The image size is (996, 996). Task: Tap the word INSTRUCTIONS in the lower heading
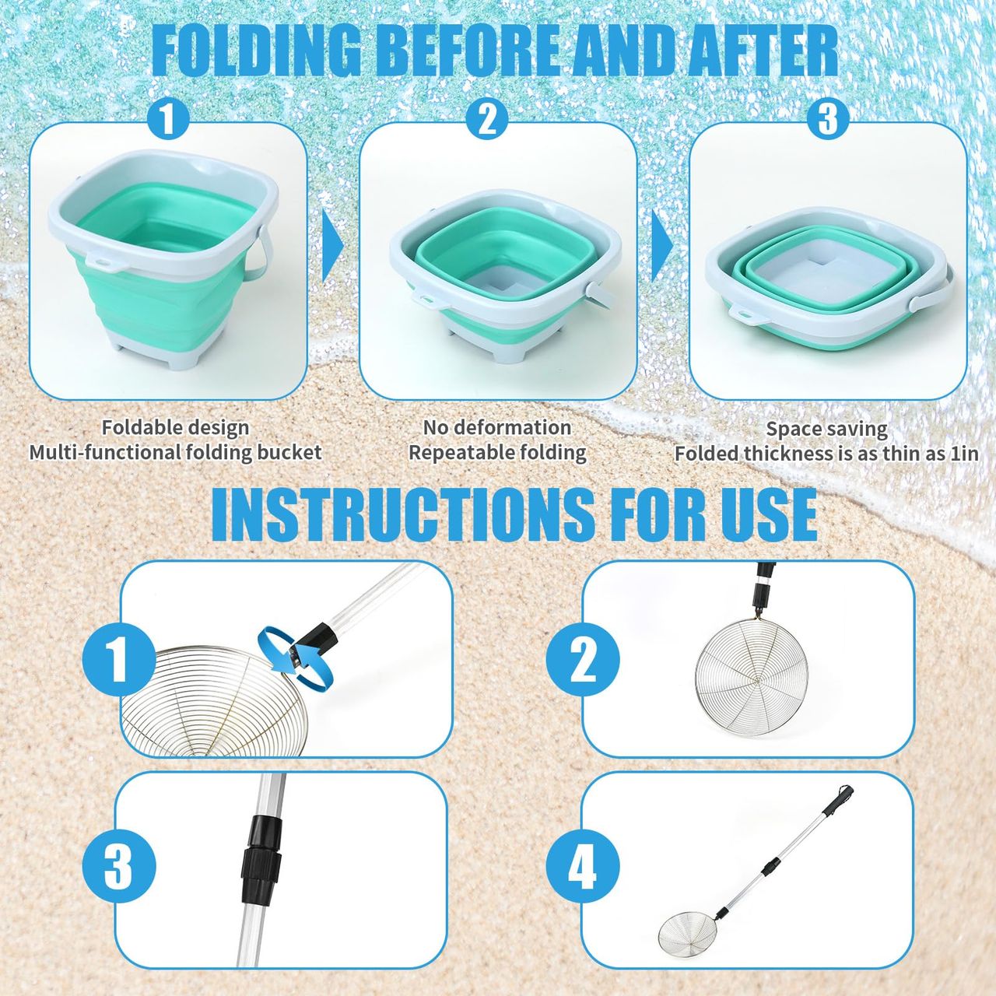(x=403, y=514)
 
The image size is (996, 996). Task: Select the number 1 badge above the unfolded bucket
(x=168, y=119)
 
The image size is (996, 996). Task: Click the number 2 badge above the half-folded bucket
(x=487, y=119)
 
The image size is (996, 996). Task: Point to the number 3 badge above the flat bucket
(x=828, y=119)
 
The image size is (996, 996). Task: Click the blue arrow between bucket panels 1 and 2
(x=333, y=245)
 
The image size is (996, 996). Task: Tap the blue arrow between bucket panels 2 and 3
(x=662, y=245)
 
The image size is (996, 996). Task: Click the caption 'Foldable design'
(x=175, y=428)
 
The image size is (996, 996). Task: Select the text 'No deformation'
(x=497, y=428)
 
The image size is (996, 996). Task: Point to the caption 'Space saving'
(x=827, y=430)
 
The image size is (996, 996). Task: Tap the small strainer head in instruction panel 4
(x=687, y=933)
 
